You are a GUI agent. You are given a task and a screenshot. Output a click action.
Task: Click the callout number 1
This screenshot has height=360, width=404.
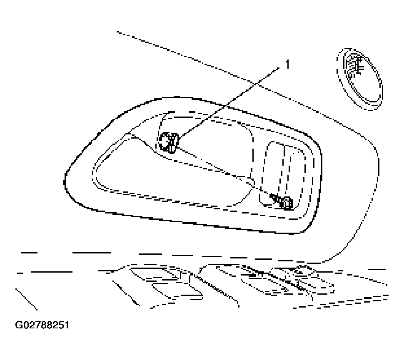[x=287, y=64]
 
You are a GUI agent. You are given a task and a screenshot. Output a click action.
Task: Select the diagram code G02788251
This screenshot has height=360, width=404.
[x=42, y=325]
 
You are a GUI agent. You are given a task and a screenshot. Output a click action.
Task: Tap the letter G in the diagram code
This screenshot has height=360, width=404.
[x=19, y=325]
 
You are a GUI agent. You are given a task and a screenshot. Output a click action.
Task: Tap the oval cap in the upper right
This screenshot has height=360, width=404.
[x=360, y=79]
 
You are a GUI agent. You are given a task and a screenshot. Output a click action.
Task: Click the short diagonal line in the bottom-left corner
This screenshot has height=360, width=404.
[x=27, y=299]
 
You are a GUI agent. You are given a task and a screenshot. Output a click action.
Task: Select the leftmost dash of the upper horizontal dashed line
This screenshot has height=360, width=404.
[x=29, y=253]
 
